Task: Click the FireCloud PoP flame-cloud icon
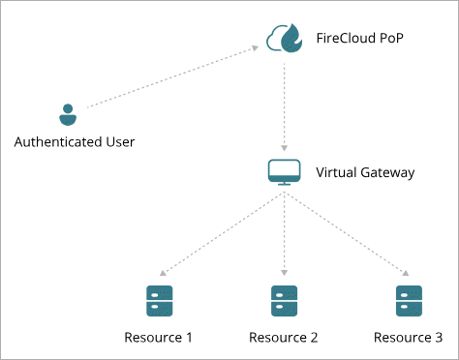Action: coord(284,38)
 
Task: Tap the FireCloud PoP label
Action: coord(359,38)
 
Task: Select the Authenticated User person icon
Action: coord(68,115)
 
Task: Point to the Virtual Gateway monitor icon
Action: coord(284,172)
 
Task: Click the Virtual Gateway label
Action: coord(365,172)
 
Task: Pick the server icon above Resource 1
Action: coord(160,301)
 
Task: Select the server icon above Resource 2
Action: coord(284,301)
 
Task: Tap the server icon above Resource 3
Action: coord(409,301)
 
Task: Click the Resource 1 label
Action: coord(158,338)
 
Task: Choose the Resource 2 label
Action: coord(284,338)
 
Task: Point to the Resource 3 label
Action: coord(408,338)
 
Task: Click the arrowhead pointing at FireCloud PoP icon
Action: coord(256,48)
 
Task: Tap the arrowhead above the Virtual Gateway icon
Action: coord(284,148)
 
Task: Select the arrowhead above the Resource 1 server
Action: coord(163,273)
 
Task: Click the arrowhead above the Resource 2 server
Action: coord(284,273)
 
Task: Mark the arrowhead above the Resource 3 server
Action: coord(406,273)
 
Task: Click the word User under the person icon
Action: coord(120,142)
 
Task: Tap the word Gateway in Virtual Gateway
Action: coord(387,173)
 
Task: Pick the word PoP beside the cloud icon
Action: coord(391,38)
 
